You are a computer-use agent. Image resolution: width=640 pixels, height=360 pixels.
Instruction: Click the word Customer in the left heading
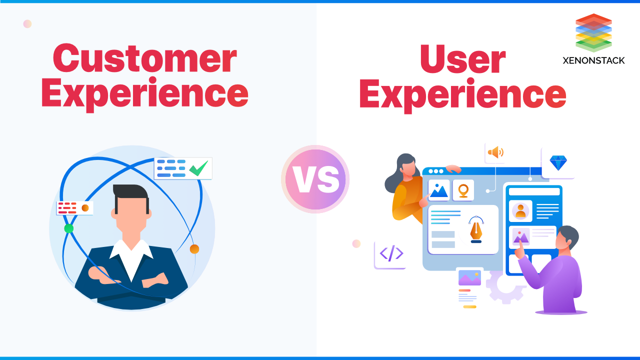point(144,59)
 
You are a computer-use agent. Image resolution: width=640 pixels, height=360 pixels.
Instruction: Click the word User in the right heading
point(462,59)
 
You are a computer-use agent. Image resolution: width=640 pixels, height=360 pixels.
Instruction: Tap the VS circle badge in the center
point(315,179)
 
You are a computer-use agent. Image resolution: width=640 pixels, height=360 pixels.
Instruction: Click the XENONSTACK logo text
point(593,60)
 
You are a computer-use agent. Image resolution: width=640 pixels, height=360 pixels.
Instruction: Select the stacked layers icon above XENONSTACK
point(593,32)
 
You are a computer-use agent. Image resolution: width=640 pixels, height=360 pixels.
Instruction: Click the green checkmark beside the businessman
point(198,168)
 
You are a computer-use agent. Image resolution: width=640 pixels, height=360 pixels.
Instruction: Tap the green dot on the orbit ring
point(69,228)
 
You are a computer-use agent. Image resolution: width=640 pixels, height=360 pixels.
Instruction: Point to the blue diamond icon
point(558,163)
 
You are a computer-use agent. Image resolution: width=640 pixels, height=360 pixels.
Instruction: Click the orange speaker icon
point(495,152)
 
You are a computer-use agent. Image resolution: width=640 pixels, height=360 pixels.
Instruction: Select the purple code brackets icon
point(391,254)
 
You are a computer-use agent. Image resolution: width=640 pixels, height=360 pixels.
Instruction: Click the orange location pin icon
point(463,190)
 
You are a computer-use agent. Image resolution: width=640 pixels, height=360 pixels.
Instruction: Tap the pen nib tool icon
point(476,230)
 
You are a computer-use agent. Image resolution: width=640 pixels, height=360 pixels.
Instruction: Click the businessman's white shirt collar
point(131,252)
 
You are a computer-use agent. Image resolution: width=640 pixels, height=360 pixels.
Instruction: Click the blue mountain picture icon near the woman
point(439,190)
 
